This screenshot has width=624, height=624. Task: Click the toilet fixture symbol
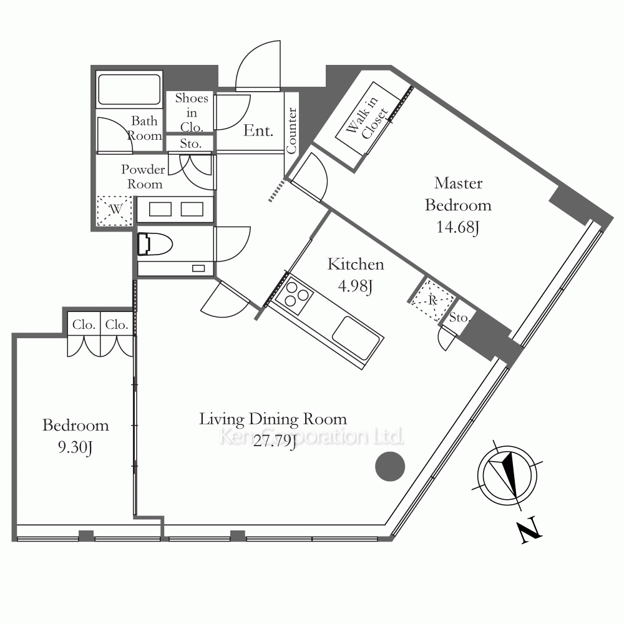coord(155,243)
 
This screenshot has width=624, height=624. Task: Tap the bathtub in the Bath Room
coord(129,89)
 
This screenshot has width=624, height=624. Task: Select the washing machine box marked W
coord(115,211)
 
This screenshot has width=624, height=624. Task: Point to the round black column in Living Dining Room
coord(390,466)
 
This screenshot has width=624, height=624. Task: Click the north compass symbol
coord(507,475)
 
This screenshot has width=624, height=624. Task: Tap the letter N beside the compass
coord(530,530)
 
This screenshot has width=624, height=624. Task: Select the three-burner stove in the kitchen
coord(294,295)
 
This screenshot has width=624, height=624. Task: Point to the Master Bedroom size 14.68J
coord(457,227)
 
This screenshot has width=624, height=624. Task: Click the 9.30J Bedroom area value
coord(76,447)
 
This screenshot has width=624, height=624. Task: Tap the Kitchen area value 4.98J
coord(356,286)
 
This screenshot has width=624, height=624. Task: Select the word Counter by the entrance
coord(291,130)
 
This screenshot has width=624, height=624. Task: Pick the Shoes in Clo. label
coord(192,112)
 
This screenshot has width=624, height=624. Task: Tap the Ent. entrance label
coord(258,130)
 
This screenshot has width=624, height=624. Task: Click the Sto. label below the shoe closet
coord(190,144)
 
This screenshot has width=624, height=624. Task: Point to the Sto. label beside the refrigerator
coord(459,318)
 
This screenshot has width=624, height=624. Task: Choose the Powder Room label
coord(144,177)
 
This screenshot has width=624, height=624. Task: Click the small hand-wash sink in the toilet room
coord(198,268)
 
